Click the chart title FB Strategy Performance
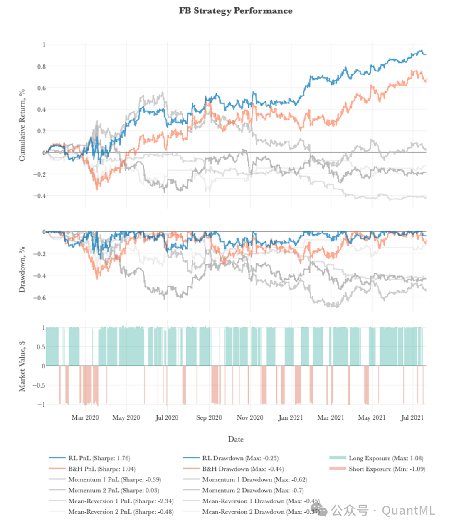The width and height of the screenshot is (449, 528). [236, 11]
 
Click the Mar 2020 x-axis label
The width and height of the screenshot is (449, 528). [85, 417]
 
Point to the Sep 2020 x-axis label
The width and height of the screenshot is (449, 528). [209, 417]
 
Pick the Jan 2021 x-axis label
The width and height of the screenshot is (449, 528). [290, 417]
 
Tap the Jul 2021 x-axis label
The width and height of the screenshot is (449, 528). [412, 417]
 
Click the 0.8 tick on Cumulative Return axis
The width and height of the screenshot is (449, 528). [42, 66]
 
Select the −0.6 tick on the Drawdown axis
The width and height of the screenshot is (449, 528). [39, 298]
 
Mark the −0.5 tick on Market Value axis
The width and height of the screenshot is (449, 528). [39, 385]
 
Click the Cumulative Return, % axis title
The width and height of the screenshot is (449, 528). [22, 125]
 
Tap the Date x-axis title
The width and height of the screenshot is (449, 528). [236, 439]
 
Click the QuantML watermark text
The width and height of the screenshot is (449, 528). [408, 510]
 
